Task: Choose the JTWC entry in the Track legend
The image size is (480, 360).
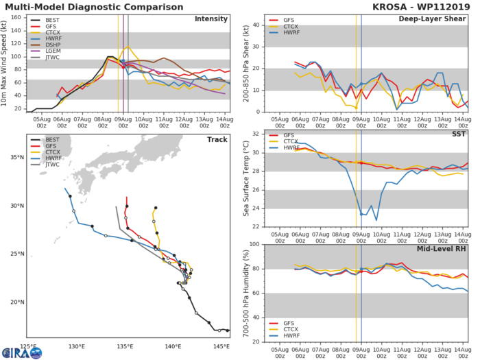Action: pyautogui.click(x=52, y=174)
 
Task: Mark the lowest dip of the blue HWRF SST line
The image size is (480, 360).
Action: pyautogui.click(x=376, y=220)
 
